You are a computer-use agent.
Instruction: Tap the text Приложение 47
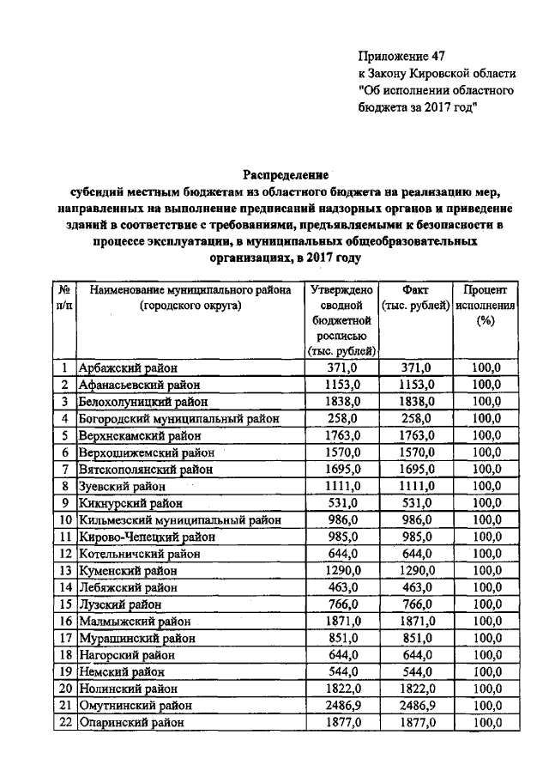(401, 58)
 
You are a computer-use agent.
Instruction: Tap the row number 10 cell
(64, 519)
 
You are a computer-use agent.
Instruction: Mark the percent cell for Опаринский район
(486, 723)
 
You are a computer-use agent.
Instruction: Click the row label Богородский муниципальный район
(178, 418)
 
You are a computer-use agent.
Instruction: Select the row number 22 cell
(64, 723)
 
